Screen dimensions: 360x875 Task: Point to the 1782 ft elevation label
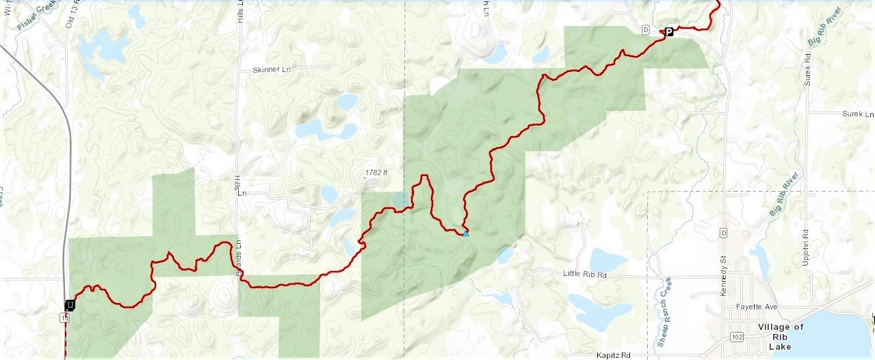376,173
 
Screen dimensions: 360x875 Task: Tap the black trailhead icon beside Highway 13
70,305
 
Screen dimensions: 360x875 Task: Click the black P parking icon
669,31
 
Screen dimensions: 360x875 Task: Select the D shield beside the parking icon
645,30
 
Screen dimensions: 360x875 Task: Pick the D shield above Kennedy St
722,233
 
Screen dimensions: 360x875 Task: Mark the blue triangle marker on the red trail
466,234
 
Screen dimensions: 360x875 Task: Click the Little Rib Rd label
585,274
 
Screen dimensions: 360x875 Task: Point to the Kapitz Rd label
612,355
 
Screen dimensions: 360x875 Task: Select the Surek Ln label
857,114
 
